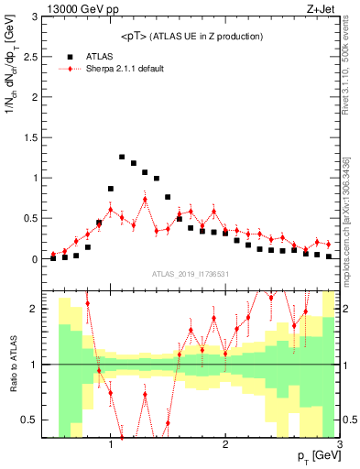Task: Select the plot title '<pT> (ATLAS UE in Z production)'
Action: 193,36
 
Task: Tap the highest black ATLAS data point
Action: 122,157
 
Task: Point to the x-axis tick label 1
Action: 111,446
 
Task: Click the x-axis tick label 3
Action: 339,446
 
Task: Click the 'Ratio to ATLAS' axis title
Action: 13,366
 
